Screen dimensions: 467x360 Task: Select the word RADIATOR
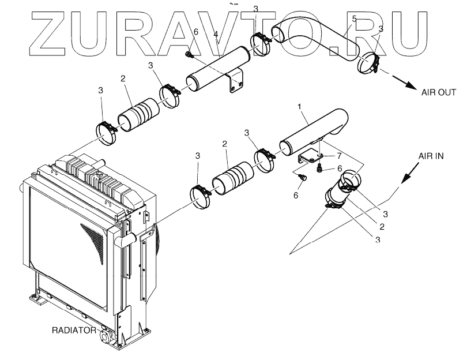tap(74, 330)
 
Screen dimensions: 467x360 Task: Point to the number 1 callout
tap(299, 107)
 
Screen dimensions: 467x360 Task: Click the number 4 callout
tap(215, 35)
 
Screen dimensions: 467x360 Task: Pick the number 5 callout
tap(354, 20)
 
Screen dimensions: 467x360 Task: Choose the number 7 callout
tap(340, 156)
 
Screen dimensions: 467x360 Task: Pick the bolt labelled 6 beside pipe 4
tap(188, 55)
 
